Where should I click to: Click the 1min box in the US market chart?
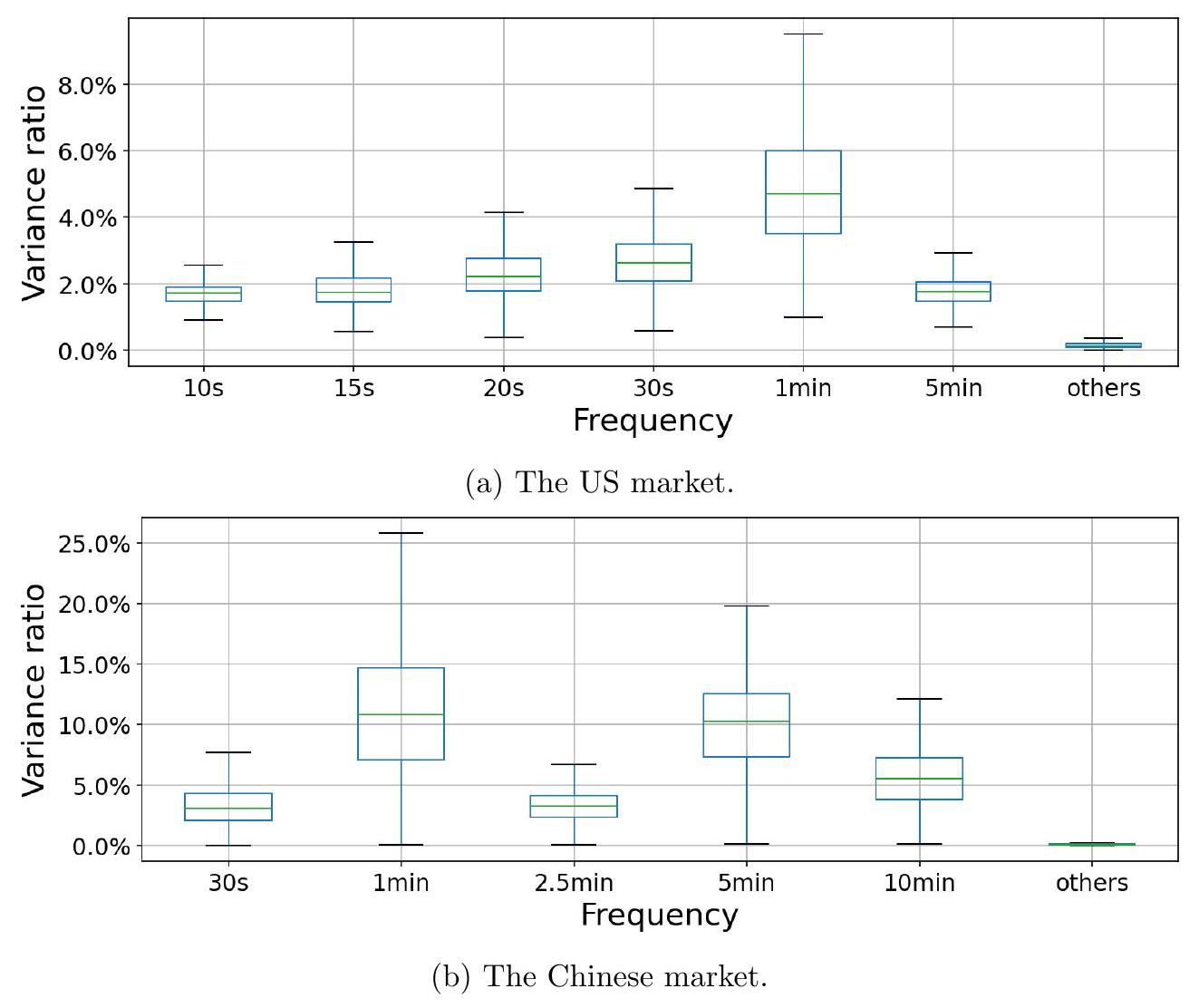coord(803,192)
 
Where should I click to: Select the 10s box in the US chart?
coord(203,294)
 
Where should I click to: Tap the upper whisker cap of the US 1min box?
coord(803,34)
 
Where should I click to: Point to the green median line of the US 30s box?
coord(653,263)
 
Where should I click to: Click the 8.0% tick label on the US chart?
coord(87,86)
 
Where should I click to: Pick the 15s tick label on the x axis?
coord(353,388)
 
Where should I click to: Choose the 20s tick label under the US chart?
coord(504,388)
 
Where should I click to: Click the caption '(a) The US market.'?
coord(599,482)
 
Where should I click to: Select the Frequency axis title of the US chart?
coord(653,421)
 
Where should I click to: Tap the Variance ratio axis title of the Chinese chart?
coord(34,690)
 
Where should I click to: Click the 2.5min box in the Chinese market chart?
coord(574,806)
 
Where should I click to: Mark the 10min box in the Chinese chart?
coord(920,779)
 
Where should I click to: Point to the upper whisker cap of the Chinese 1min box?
coord(401,533)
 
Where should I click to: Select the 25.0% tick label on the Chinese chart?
coord(94,544)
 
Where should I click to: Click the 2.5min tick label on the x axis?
coord(574,883)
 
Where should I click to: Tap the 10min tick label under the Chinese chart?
coord(920,883)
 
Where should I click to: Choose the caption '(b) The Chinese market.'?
coord(599,977)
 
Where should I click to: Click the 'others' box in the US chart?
coord(1103,345)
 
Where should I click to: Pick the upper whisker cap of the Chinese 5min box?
coord(747,606)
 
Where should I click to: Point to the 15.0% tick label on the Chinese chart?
coord(94,665)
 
